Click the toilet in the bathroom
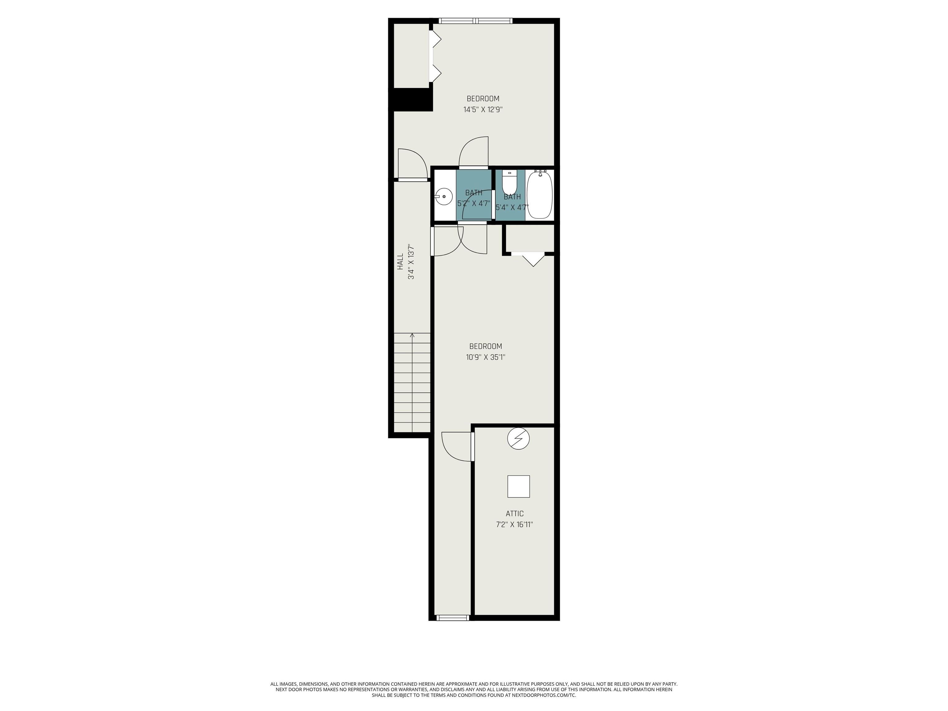coord(509,183)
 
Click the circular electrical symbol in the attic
coord(518,439)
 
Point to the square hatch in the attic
coord(518,486)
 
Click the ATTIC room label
coord(515,513)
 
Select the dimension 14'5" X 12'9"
coord(483,109)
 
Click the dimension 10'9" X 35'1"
coord(485,357)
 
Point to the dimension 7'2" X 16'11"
coord(514,524)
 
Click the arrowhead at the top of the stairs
coord(412,335)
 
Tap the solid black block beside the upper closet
coord(410,99)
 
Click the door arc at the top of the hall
coord(413,163)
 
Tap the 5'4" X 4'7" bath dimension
coord(512,207)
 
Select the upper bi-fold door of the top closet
coord(435,41)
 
